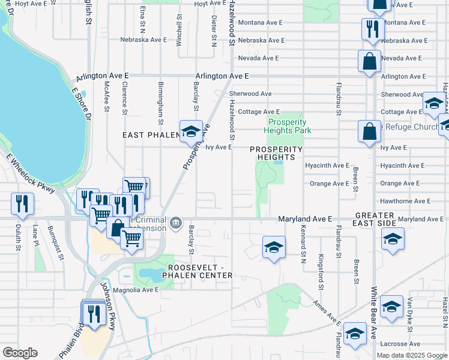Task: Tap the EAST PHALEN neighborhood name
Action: [x=149, y=136]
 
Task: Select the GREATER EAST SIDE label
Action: [x=375, y=219]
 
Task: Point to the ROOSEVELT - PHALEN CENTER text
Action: [x=200, y=271]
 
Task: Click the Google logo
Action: [x=20, y=353]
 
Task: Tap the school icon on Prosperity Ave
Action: [x=190, y=132]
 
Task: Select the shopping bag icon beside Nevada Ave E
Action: [x=369, y=61]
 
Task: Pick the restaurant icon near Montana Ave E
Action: [x=372, y=29]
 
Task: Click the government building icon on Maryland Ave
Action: [x=175, y=224]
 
